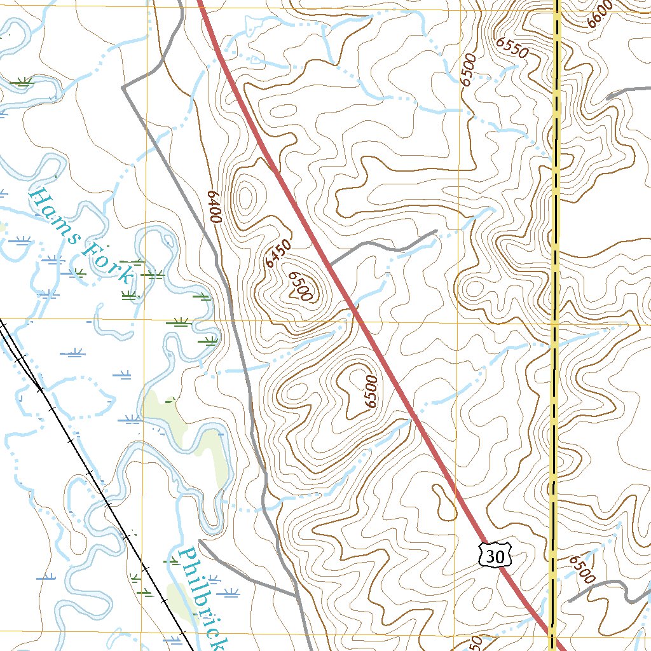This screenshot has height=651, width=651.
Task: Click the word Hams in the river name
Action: coord(53,212)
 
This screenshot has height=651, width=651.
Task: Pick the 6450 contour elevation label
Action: coord(278,253)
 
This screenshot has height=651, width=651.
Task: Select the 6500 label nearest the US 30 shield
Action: coord(581,569)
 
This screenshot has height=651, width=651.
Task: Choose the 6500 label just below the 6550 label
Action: coord(469,70)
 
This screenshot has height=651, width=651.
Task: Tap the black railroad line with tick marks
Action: coord(95,477)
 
